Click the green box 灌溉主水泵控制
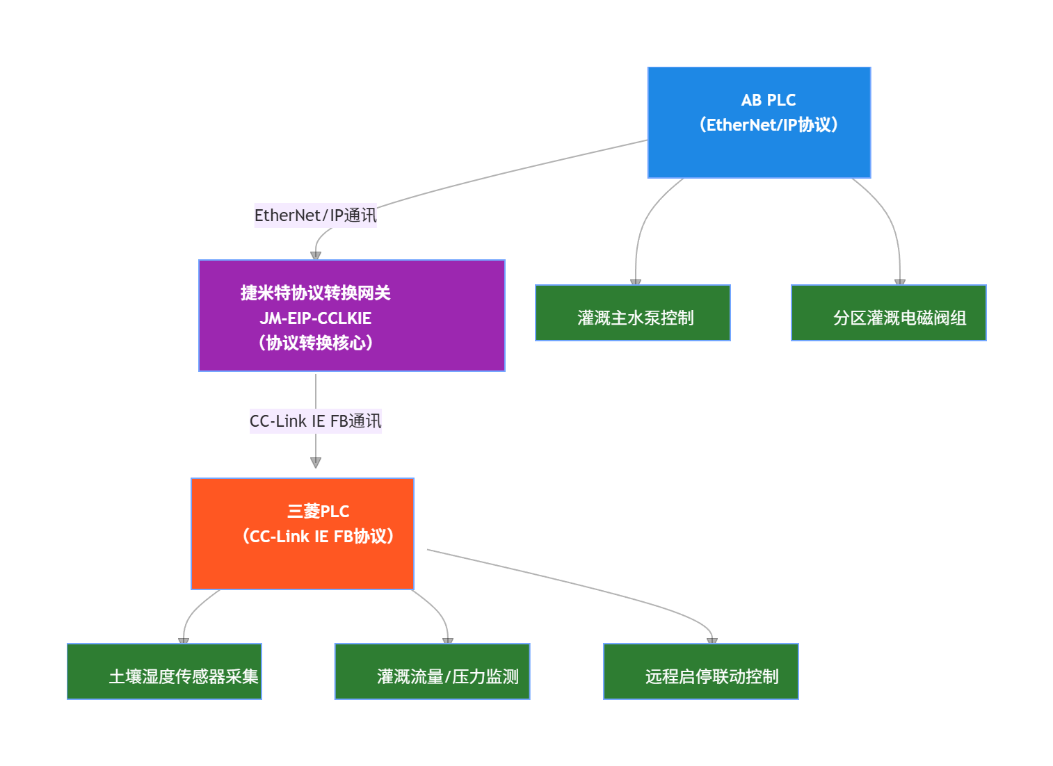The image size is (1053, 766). coord(632,313)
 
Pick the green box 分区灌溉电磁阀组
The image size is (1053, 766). coord(888,313)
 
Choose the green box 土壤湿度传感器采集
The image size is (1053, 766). coord(164,672)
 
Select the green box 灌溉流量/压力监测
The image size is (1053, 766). coord(432,672)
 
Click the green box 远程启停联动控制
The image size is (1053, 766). coord(700,672)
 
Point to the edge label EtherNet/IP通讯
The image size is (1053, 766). coord(315,215)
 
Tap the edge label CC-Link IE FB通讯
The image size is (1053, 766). coord(315,421)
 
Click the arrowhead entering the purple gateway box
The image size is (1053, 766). coord(316,255)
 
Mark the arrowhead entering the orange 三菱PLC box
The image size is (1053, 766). coord(316,463)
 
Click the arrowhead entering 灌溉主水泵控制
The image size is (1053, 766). coord(636,282)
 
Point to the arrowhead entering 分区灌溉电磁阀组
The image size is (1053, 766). coord(900,282)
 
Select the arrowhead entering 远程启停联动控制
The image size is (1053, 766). coord(712,641)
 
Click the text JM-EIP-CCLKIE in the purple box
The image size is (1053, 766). coord(316,318)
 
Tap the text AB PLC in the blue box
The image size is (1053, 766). coord(769,100)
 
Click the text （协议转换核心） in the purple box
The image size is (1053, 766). coord(316,343)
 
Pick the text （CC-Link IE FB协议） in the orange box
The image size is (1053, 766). coord(319,537)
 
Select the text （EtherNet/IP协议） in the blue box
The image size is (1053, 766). coord(769,125)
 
